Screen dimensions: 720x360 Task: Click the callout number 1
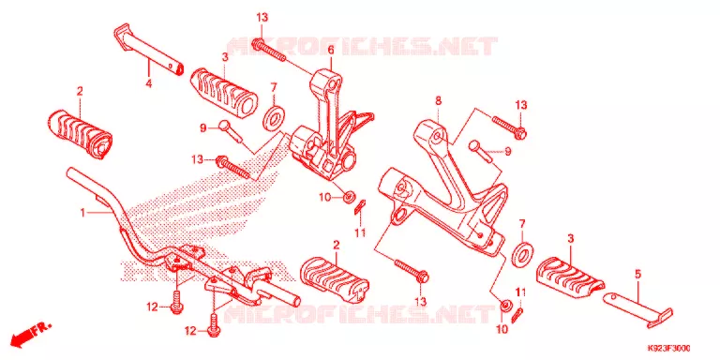pyautogui.click(x=82, y=213)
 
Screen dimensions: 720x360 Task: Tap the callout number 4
pyautogui.click(x=149, y=83)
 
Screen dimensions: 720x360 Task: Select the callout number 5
pyautogui.click(x=637, y=275)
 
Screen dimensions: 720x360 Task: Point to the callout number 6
pyautogui.click(x=331, y=50)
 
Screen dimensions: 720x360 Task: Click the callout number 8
pyautogui.click(x=438, y=101)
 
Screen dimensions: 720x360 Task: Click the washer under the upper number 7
pyautogui.click(x=274, y=117)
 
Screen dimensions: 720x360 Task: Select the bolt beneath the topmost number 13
pyautogui.click(x=269, y=51)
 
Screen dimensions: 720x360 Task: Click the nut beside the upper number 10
pyautogui.click(x=350, y=198)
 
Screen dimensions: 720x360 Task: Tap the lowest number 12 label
pyautogui.click(x=191, y=330)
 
